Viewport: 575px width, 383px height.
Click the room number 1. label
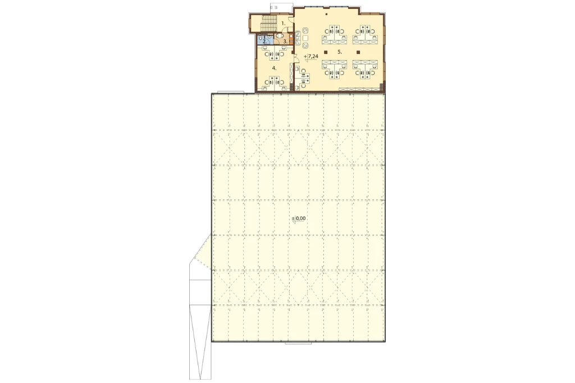click(x=283, y=23)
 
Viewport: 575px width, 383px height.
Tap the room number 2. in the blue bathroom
click(x=264, y=41)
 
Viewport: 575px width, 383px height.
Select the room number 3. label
click(x=285, y=42)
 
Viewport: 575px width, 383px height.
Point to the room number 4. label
click(x=274, y=69)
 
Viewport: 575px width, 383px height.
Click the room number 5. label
click(x=340, y=52)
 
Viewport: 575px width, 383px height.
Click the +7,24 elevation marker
click(x=311, y=57)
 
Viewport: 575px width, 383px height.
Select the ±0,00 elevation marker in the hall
click(x=299, y=218)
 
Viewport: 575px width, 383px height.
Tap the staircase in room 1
click(x=268, y=24)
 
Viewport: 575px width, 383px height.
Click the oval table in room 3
click(x=280, y=35)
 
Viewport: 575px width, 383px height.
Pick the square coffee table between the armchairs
click(x=305, y=38)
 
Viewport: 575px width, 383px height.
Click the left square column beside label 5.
click(x=325, y=52)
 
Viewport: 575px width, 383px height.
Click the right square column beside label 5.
click(x=359, y=52)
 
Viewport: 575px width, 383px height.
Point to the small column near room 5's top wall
click(x=326, y=14)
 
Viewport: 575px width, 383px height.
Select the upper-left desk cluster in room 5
click(x=334, y=34)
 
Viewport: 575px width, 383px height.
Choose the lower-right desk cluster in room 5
click(x=365, y=69)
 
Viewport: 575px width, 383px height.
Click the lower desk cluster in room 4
click(x=274, y=83)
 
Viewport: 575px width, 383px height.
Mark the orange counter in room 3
click(x=291, y=39)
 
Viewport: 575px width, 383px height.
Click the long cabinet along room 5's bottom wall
click(x=359, y=89)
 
